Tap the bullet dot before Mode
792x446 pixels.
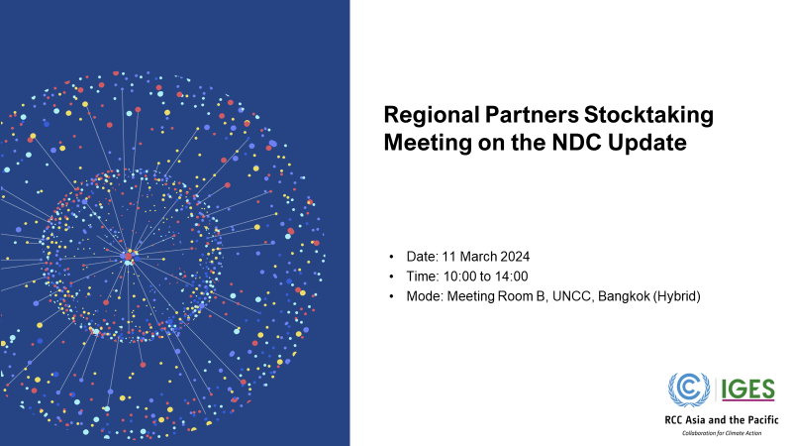[394, 296]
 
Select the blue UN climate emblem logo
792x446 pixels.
[690, 389]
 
